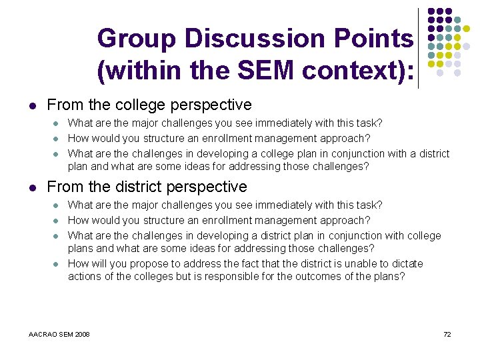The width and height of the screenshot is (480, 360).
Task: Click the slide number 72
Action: coord(447,334)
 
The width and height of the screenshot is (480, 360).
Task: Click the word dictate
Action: coord(407,264)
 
